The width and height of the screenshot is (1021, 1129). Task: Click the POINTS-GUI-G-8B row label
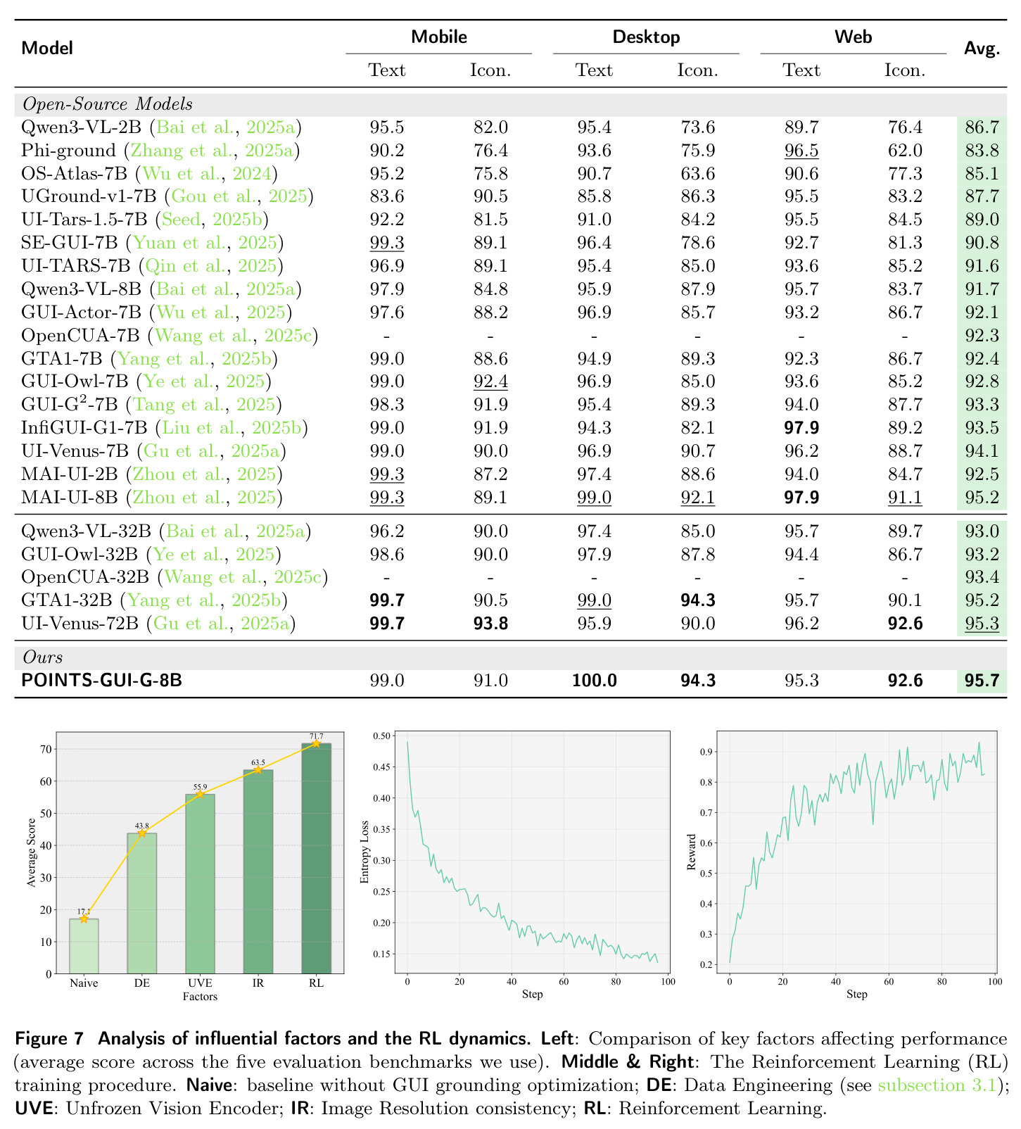(x=102, y=681)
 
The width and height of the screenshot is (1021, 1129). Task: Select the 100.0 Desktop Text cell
(x=595, y=681)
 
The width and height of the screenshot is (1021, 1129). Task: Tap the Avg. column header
(x=982, y=49)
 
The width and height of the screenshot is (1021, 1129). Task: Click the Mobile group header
(x=439, y=37)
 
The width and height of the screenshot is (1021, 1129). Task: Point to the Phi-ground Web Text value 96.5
(x=801, y=151)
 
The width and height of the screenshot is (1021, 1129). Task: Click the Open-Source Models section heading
(x=108, y=104)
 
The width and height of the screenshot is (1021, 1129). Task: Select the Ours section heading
(x=43, y=657)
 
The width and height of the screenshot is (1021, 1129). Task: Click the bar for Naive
(x=84, y=946)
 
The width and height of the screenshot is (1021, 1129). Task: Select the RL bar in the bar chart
(x=316, y=858)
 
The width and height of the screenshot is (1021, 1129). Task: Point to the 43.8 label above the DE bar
(x=141, y=826)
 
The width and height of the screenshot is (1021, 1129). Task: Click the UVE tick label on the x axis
(x=200, y=983)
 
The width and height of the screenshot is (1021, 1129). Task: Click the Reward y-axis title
(x=692, y=852)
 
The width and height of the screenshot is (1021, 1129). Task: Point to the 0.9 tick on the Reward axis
(x=706, y=752)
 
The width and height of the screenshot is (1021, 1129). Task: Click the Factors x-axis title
(x=200, y=997)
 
